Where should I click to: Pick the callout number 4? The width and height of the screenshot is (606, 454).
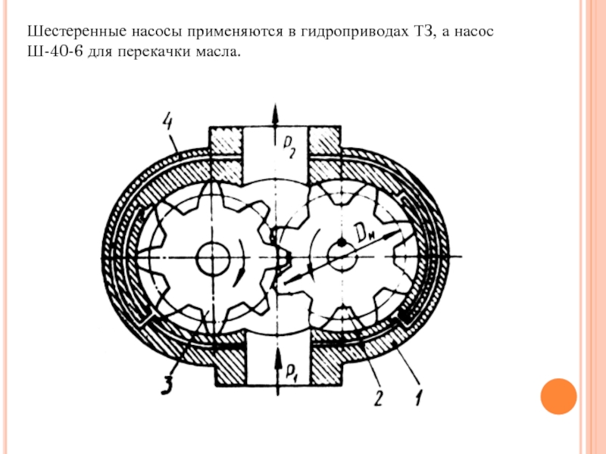168,120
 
